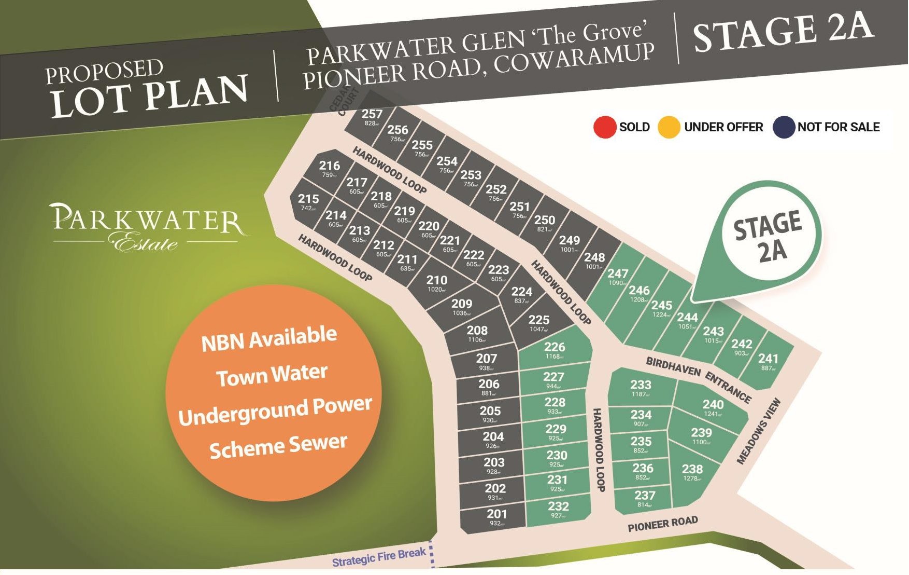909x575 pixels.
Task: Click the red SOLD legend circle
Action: pos(605,127)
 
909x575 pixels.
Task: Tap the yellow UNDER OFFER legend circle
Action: pos(669,127)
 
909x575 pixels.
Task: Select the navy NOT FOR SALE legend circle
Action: pos(784,127)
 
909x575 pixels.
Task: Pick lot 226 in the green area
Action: pos(555,350)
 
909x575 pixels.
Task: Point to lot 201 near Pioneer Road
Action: pos(496,517)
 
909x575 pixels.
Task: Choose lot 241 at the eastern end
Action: pos(768,361)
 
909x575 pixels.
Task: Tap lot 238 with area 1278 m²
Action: pos(692,472)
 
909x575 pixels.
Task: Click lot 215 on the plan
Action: pos(308,201)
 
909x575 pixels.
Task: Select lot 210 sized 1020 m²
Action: pos(437,283)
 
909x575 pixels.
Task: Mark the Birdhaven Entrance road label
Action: pos(698,379)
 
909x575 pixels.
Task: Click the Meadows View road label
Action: pos(759,431)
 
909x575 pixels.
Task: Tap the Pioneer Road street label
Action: pos(663,524)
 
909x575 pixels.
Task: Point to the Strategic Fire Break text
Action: pos(379,557)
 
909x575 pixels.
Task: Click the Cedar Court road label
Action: pos(344,102)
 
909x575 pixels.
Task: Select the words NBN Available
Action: pos(269,338)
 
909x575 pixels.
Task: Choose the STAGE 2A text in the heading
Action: pos(784,32)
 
